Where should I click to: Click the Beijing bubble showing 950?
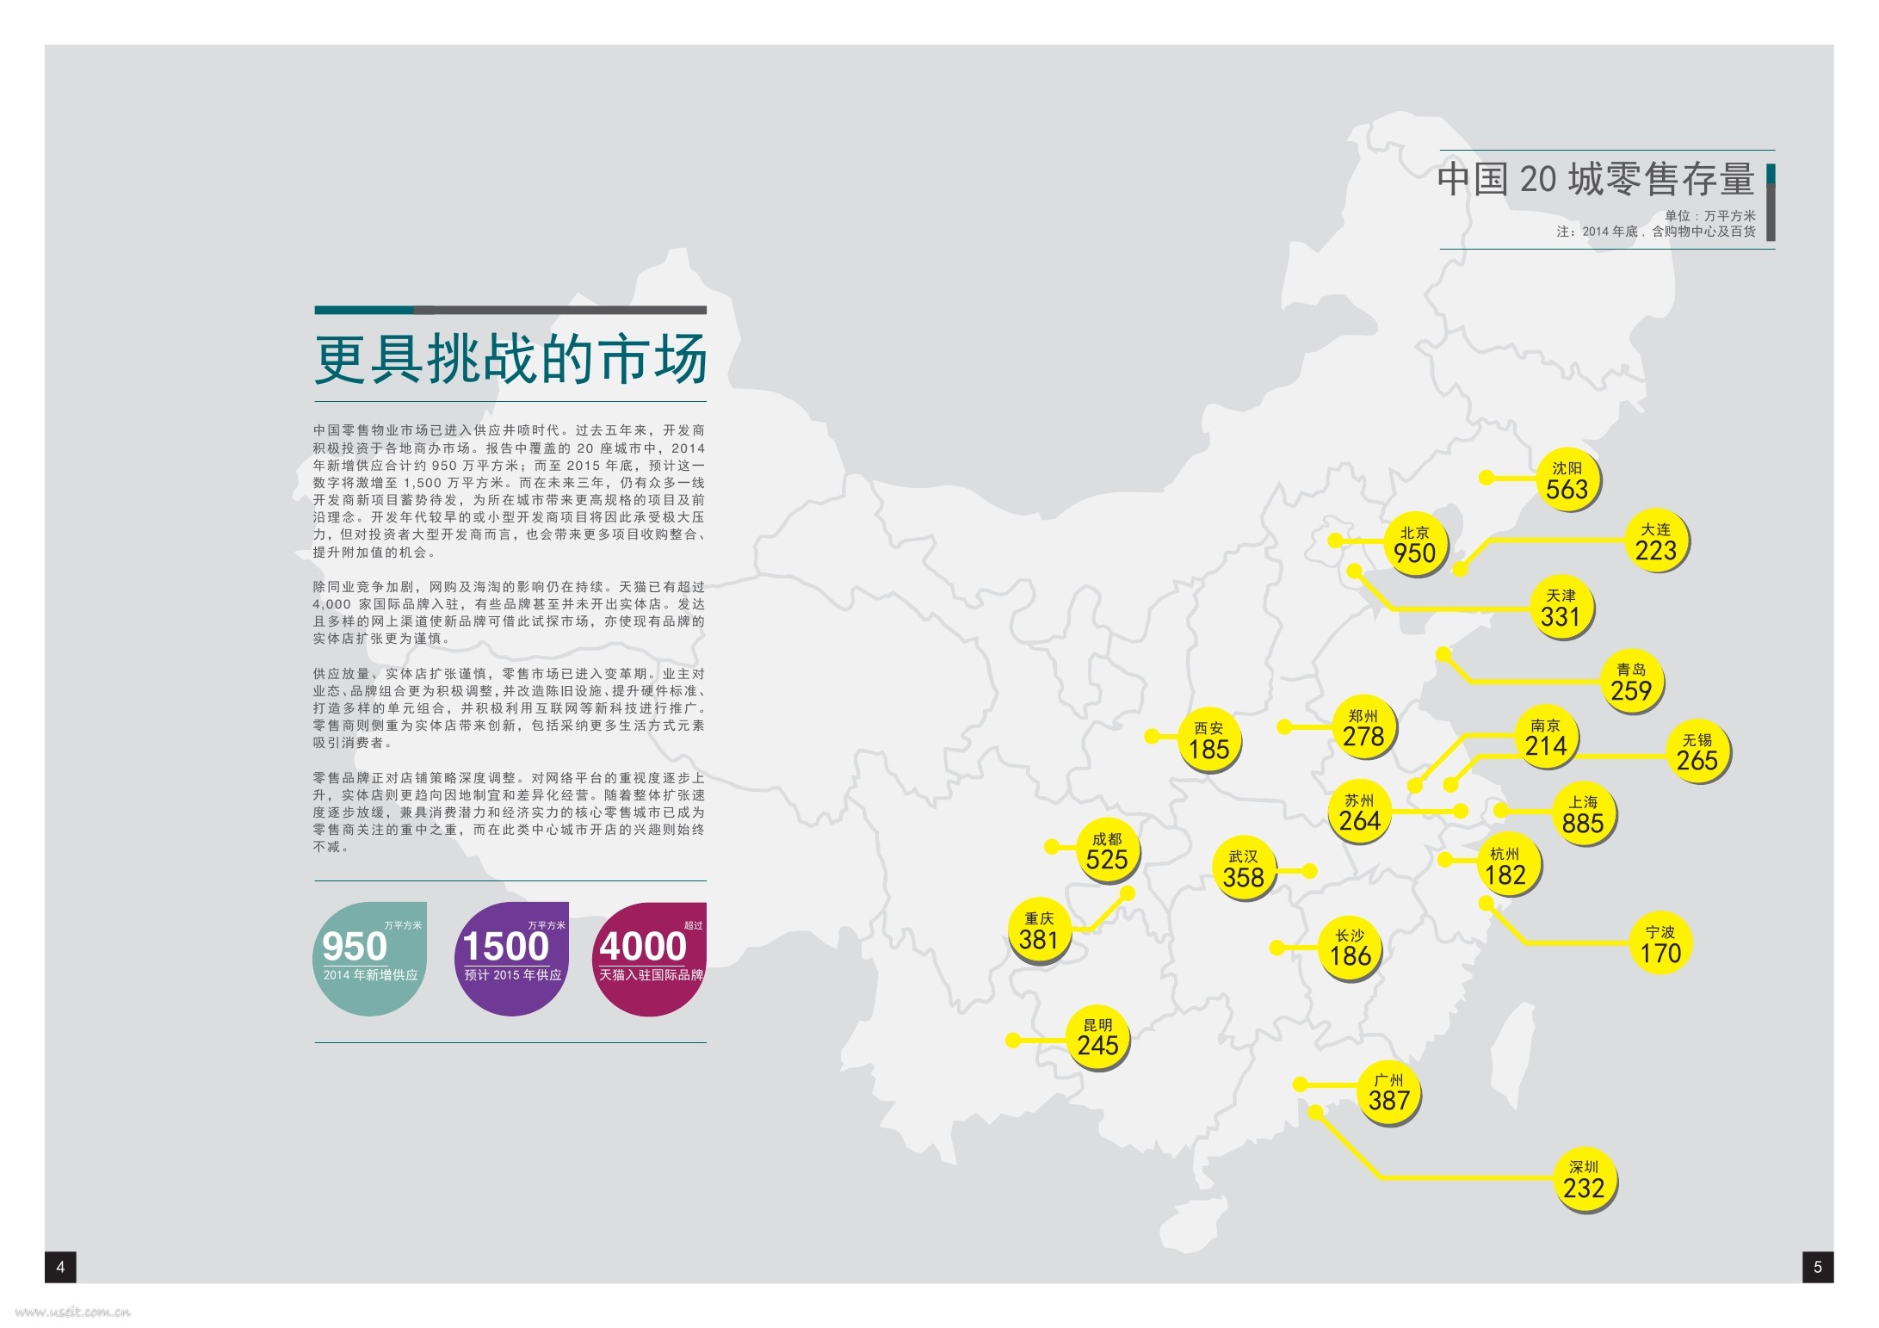click(1415, 545)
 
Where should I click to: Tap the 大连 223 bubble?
click(1656, 541)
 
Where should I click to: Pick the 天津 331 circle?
click(1561, 608)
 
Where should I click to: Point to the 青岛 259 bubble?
click(1631, 681)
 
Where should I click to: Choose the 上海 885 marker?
click(1583, 814)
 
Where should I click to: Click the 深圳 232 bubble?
click(1584, 1180)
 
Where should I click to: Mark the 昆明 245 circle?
click(1097, 1038)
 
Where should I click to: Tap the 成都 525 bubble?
click(1107, 851)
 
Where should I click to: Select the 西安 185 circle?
click(1208, 740)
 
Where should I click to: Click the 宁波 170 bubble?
click(1660, 945)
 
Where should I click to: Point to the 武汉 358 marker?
click(1243, 869)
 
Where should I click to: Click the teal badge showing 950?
click(369, 958)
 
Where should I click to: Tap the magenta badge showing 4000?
click(650, 958)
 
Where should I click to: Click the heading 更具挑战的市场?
click(510, 359)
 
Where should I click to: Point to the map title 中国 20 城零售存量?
click(1596, 179)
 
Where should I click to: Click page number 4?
click(60, 1267)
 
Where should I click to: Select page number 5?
click(1818, 1267)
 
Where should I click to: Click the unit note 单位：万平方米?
click(1709, 216)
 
